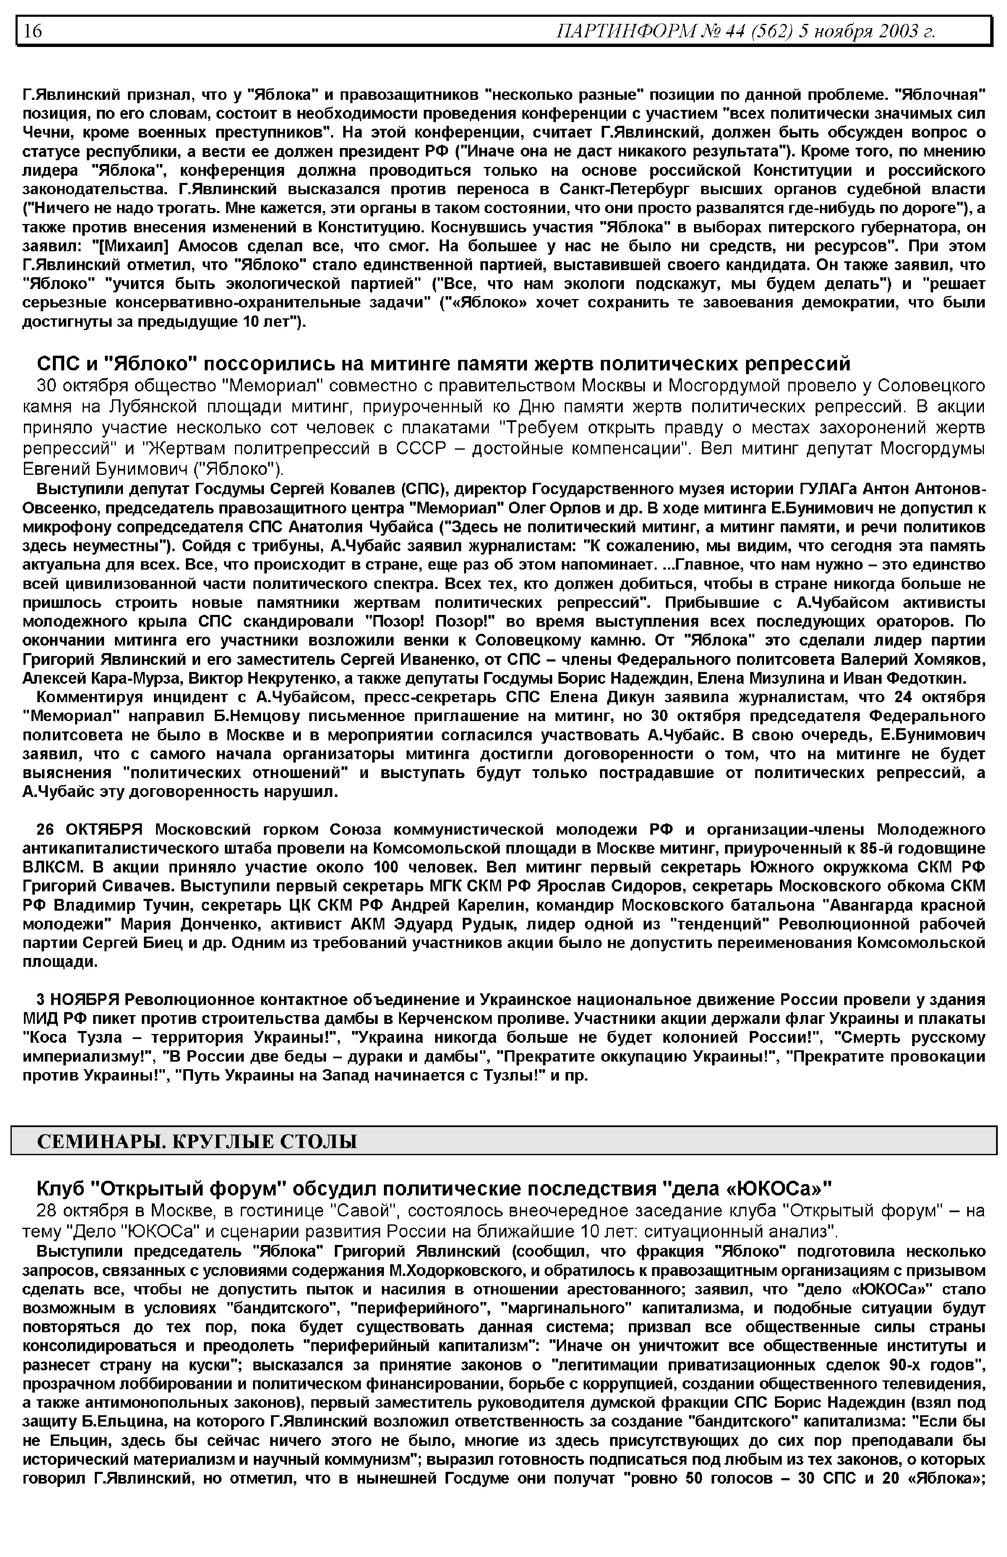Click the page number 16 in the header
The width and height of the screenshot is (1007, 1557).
pyautogui.click(x=33, y=31)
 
